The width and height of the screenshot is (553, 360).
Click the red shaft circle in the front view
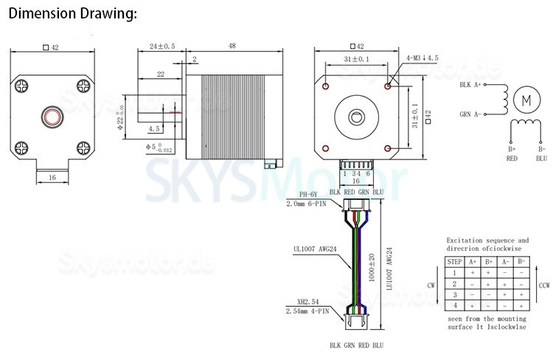click(x=52, y=116)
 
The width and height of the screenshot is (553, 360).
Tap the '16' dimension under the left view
click(x=52, y=178)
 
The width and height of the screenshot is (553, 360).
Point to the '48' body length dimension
click(x=232, y=46)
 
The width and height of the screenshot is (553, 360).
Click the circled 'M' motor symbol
click(x=526, y=98)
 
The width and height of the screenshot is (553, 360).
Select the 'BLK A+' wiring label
click(x=470, y=86)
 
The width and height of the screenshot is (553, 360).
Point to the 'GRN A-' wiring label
click(x=470, y=114)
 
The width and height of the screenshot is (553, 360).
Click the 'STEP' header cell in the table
click(x=455, y=261)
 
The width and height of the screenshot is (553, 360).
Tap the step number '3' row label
click(x=455, y=294)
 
